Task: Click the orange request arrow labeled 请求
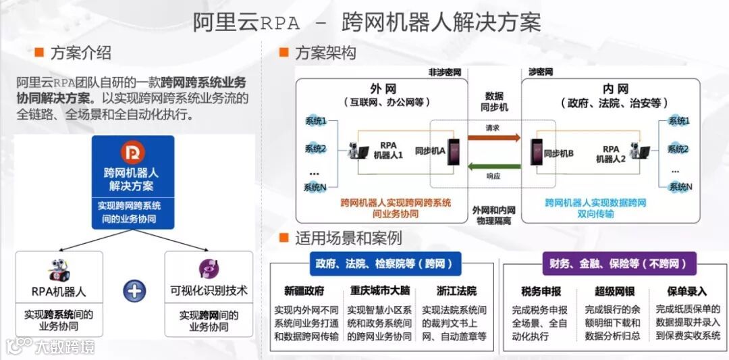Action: pos(493,138)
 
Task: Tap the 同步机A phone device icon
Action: pos(453,153)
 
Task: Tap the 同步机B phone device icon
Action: pos(537,153)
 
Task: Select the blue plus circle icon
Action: pos(134,291)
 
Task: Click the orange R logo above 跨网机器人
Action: pos(133,153)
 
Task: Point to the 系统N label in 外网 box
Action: pos(315,187)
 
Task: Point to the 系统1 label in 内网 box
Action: pos(678,121)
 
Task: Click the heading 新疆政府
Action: pos(304,291)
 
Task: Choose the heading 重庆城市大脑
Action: pos(379,291)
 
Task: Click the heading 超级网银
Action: pos(612,291)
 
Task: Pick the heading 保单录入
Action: pos(686,292)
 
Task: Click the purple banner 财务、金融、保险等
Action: pos(619,263)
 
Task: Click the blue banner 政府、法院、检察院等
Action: pos(381,263)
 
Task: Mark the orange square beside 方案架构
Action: pos(284,52)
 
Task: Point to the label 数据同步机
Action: pos(493,102)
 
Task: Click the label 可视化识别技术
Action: pos(209,291)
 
